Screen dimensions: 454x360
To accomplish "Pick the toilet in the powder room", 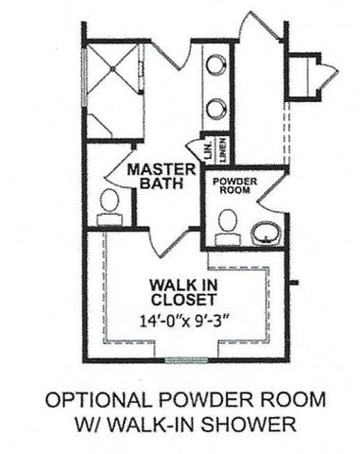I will point(227,223).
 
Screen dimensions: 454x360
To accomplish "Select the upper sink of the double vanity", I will point(216,66).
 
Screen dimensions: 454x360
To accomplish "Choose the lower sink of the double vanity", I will point(216,107).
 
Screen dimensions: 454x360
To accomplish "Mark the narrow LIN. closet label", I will point(200,149).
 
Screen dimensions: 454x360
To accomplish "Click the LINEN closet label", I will point(219,147).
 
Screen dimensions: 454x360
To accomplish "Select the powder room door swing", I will point(269,194).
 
